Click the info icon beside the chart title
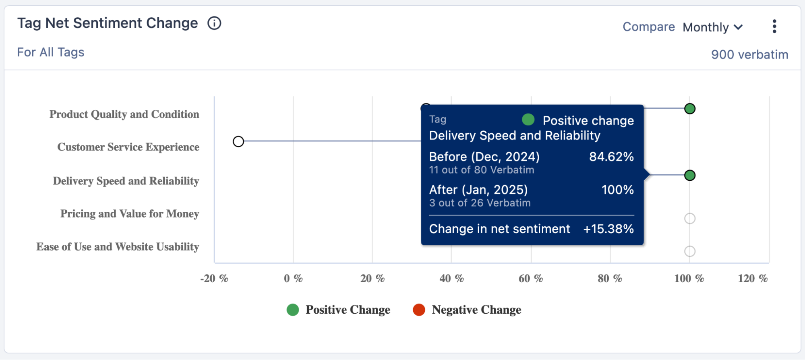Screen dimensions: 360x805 (x=214, y=23)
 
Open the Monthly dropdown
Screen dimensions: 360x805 (x=712, y=27)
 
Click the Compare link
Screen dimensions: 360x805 (x=648, y=27)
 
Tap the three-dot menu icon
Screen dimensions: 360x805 (x=774, y=27)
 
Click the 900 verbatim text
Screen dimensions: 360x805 (x=749, y=54)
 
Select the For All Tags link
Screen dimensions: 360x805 (x=51, y=52)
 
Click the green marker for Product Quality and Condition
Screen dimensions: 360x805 (x=689, y=109)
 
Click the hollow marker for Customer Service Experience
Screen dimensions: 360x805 (x=238, y=142)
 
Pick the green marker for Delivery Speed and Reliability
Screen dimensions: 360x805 (x=689, y=176)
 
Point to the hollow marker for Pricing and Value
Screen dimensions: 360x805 (x=689, y=219)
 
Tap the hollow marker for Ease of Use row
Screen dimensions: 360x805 (x=689, y=251)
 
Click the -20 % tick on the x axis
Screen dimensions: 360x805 (x=214, y=279)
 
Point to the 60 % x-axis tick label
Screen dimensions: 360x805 (x=530, y=279)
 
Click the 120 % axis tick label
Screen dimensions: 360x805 (x=752, y=279)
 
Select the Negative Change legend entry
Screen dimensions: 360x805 (x=467, y=310)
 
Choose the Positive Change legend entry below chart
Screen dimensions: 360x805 (x=338, y=310)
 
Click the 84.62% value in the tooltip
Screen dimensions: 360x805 (x=611, y=157)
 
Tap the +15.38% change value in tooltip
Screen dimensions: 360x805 (x=608, y=229)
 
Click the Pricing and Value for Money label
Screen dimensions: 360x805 (x=130, y=214)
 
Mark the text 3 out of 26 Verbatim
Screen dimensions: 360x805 (x=480, y=203)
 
